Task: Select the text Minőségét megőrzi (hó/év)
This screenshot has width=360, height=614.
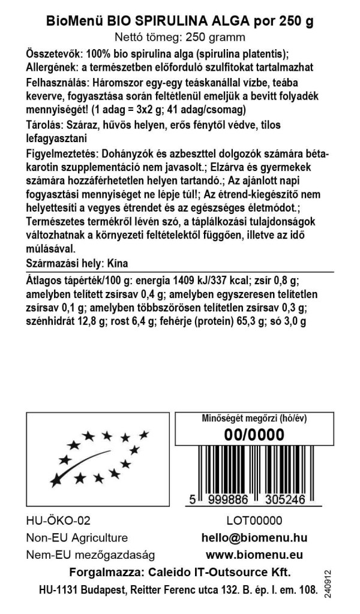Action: coord(253,419)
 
